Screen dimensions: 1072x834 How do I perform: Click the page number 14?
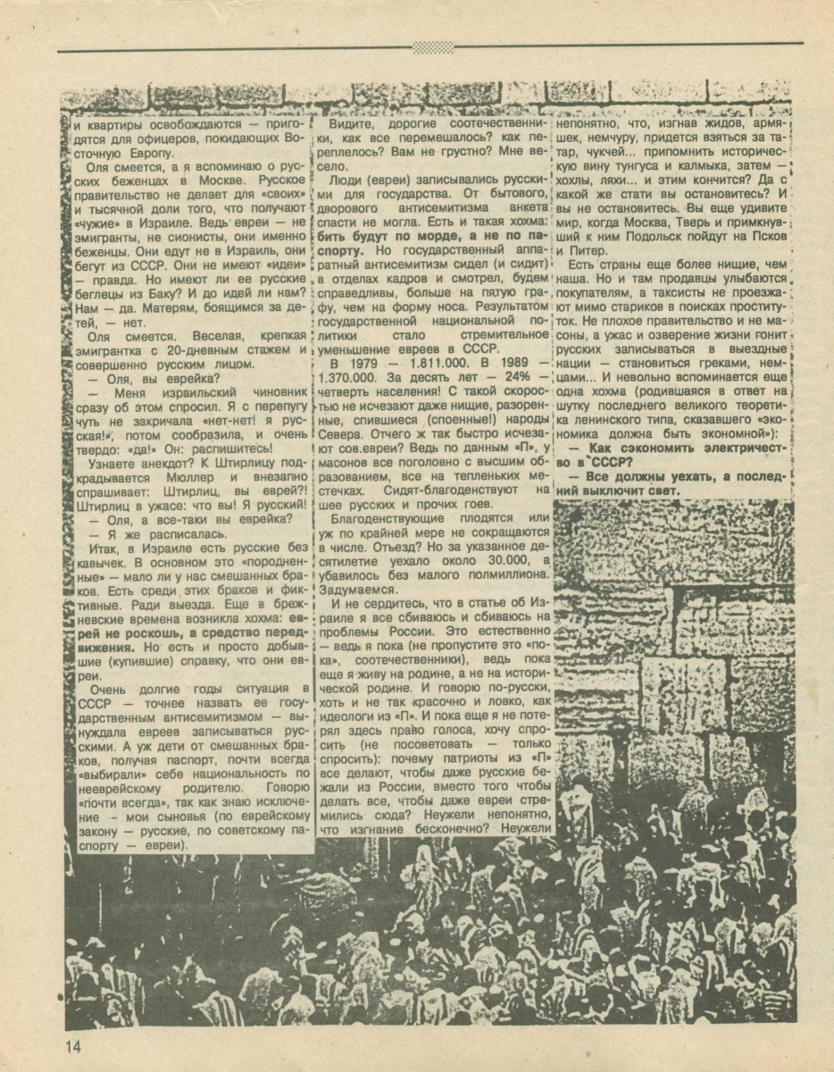(x=72, y=1046)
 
